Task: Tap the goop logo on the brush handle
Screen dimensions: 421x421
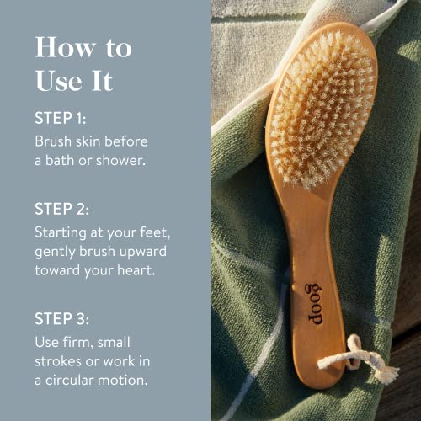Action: (312, 304)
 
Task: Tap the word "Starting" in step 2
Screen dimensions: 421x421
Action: (61, 230)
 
